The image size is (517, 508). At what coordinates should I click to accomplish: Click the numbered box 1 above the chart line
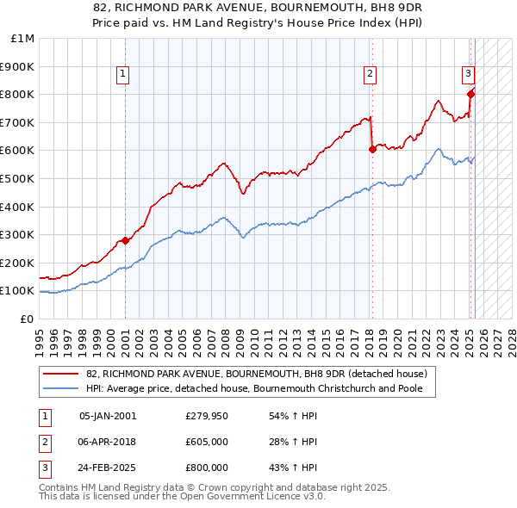(124, 75)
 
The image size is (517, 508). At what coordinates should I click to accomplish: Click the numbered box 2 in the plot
(369, 75)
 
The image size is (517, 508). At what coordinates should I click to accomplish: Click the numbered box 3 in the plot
(468, 75)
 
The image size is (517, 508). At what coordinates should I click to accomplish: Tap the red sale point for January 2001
(125, 240)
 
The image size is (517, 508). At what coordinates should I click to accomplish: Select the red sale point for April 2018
(372, 149)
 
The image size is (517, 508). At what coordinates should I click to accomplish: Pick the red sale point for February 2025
(470, 94)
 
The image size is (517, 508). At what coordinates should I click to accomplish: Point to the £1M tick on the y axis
(23, 38)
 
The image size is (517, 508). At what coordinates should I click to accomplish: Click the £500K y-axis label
(20, 178)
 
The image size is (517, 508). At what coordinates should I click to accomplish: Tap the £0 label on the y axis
(28, 319)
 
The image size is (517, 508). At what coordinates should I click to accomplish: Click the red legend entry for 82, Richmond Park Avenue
(250, 374)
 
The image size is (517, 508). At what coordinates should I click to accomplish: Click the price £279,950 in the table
(207, 416)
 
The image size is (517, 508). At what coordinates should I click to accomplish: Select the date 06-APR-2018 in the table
(108, 442)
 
